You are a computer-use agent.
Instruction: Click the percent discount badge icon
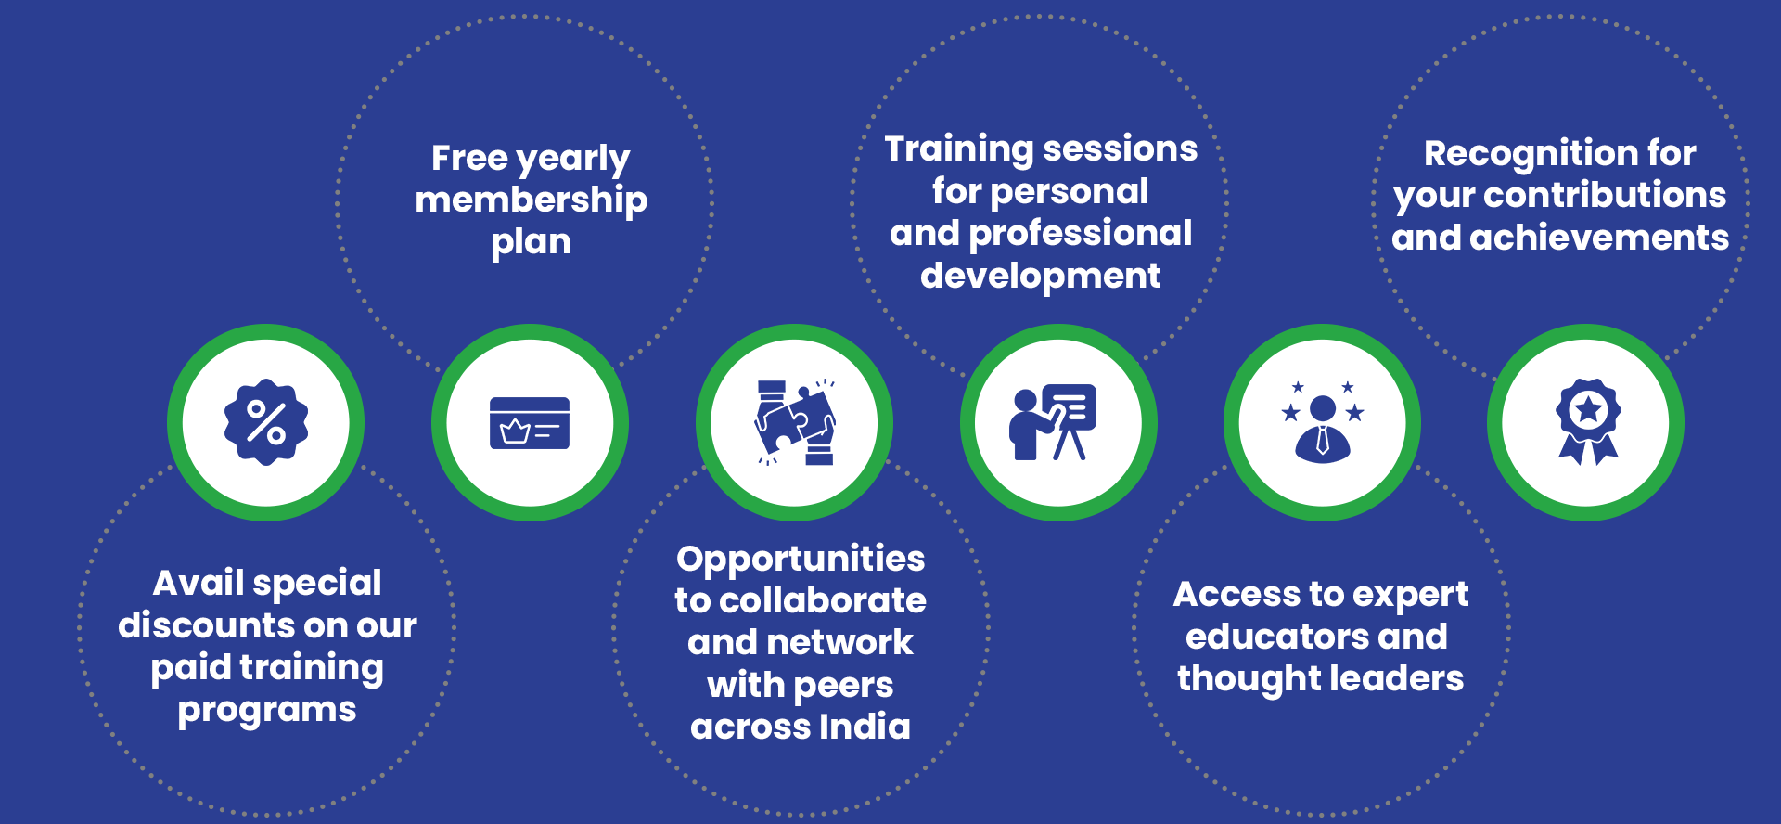(266, 422)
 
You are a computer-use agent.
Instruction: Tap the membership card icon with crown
(530, 423)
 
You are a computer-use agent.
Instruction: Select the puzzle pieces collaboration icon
(795, 422)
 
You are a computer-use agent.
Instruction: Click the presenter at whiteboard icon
(1053, 422)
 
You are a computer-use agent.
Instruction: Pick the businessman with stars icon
(1323, 422)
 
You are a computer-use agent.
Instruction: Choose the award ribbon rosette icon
(1588, 421)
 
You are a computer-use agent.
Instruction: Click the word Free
(469, 158)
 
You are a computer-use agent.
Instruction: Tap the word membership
(532, 200)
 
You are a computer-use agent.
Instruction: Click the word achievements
(1599, 238)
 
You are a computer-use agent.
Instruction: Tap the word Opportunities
(801, 560)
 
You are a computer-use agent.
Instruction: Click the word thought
(1236, 679)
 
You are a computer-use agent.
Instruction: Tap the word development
(1041, 277)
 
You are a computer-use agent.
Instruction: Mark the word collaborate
(823, 600)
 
